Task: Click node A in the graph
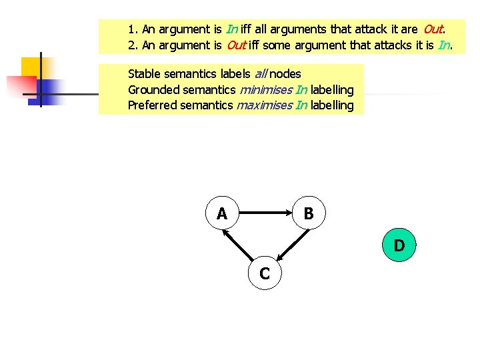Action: pyautogui.click(x=222, y=213)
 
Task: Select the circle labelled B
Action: pyautogui.click(x=309, y=213)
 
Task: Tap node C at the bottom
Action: pyautogui.click(x=265, y=273)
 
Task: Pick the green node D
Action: pyautogui.click(x=399, y=245)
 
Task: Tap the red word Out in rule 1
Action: pyautogui.click(x=433, y=29)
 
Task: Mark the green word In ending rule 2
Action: pyautogui.click(x=445, y=45)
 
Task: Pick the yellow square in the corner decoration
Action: pyautogui.click(x=32, y=68)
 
